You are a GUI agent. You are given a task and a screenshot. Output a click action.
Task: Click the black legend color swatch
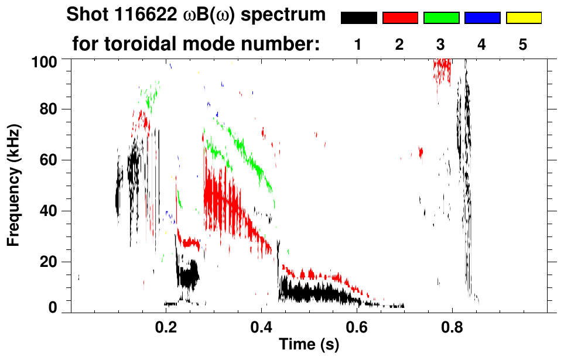pos(358,18)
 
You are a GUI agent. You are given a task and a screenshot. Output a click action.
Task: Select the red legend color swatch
pos(400,18)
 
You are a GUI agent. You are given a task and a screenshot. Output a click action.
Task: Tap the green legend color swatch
pos(441,18)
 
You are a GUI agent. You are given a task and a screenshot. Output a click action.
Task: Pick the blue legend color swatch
pos(482,18)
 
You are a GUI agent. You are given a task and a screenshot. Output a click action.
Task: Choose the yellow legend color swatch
pos(524,18)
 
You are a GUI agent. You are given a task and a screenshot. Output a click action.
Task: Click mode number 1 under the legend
pos(358,44)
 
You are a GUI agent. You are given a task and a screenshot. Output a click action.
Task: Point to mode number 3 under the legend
pos(441,44)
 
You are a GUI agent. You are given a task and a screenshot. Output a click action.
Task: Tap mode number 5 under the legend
pos(523,44)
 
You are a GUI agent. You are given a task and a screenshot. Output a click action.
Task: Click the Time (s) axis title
pos(308,345)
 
